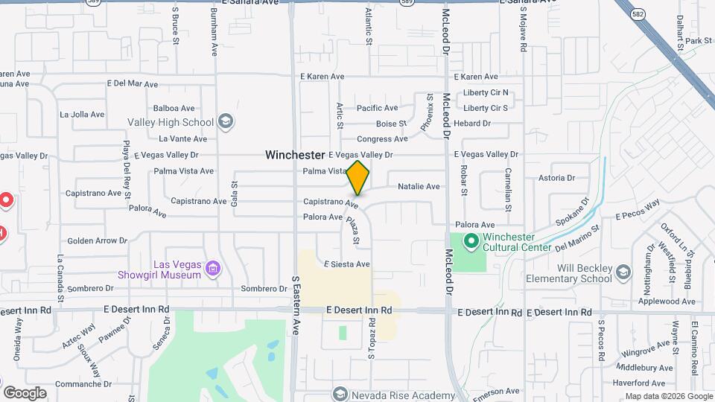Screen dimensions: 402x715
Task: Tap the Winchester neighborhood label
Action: [295, 155]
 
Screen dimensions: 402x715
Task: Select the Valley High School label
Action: [171, 122]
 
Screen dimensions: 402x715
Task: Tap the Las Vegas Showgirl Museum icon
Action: [213, 269]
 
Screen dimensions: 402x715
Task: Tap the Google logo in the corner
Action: [25, 392]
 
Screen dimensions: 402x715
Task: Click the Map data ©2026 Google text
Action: [668, 396]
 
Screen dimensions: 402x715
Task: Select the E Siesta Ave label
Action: [346, 264]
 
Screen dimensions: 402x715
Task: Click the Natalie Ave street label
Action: [419, 186]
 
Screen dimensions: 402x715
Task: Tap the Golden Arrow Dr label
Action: [98, 240]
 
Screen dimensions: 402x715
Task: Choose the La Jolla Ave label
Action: [83, 115]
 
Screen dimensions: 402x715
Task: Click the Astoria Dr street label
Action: [557, 178]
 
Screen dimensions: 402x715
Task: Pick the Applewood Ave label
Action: [667, 301]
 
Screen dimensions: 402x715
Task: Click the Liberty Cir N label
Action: [486, 93]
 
